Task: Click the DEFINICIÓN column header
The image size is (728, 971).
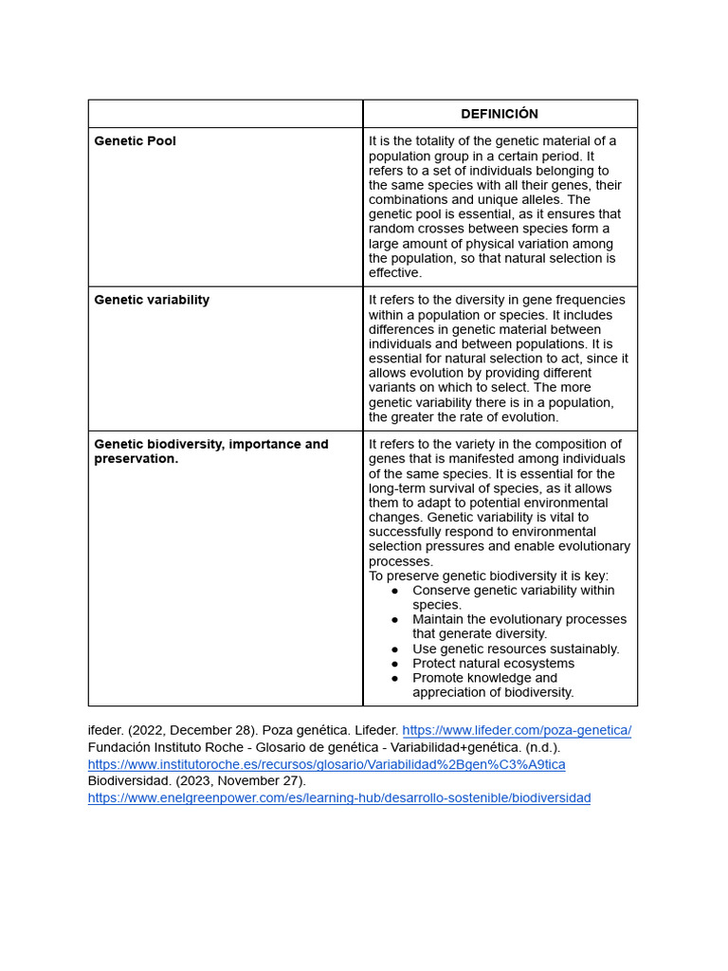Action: coord(500,114)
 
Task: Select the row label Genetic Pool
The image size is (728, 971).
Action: coord(135,141)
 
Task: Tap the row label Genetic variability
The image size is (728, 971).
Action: coord(152,300)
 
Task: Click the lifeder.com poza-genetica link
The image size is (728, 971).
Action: coord(517,730)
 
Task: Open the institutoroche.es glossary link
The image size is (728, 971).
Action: coord(326,764)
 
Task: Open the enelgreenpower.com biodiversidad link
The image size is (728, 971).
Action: coord(338,798)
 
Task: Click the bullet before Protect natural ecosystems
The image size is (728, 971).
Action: coord(394,664)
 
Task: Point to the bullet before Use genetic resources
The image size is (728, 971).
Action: coord(394,650)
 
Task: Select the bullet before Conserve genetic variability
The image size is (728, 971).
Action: coord(394,591)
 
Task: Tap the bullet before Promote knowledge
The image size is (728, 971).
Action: coord(394,679)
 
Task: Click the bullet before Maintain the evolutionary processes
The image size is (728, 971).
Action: coord(394,620)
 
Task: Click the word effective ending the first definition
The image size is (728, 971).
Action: coord(394,273)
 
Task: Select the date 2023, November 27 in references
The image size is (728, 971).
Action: coord(238,781)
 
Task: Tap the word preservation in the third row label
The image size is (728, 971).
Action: coord(135,459)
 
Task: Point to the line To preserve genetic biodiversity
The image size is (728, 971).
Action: coord(488,576)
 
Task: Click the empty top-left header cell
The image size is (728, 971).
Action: coord(226,114)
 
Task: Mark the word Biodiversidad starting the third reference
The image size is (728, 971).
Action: coord(129,781)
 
